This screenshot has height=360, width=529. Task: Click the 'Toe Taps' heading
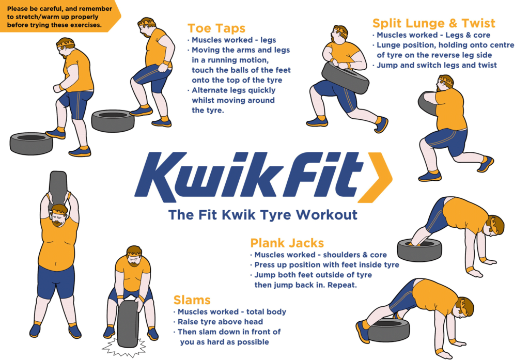[x=216, y=28]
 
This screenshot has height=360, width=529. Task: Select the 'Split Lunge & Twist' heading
[x=433, y=23]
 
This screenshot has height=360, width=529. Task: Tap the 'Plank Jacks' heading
[x=287, y=243]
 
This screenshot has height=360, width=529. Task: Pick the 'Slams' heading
[x=192, y=300]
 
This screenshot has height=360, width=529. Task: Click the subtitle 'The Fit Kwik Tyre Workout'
[x=262, y=214]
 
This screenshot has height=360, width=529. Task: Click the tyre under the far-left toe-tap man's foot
[x=31, y=143]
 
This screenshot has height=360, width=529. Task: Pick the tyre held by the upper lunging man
[x=345, y=77]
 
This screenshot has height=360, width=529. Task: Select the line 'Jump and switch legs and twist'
[x=437, y=65]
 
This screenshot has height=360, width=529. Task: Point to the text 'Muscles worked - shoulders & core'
[x=320, y=255]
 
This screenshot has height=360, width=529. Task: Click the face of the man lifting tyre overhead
[x=58, y=215]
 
